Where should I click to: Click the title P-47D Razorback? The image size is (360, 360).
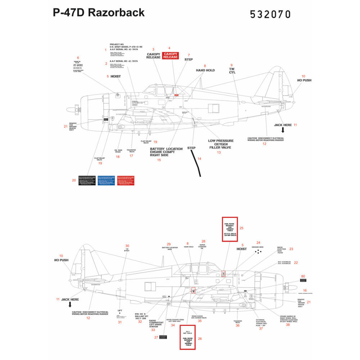tap(99, 13)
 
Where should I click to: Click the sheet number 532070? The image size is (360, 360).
tap(270, 14)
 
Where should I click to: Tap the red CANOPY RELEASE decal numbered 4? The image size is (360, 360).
tap(170, 55)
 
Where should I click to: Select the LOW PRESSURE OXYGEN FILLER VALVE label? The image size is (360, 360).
tap(221, 144)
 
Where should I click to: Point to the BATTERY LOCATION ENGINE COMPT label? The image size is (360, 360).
tap(166, 152)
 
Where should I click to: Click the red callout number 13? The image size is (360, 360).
tap(219, 153)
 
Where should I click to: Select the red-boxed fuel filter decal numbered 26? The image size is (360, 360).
tap(188, 337)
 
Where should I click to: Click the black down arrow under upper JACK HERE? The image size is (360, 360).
tap(283, 131)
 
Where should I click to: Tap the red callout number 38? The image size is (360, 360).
tap(288, 324)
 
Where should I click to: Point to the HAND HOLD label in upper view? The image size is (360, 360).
tap(205, 70)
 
